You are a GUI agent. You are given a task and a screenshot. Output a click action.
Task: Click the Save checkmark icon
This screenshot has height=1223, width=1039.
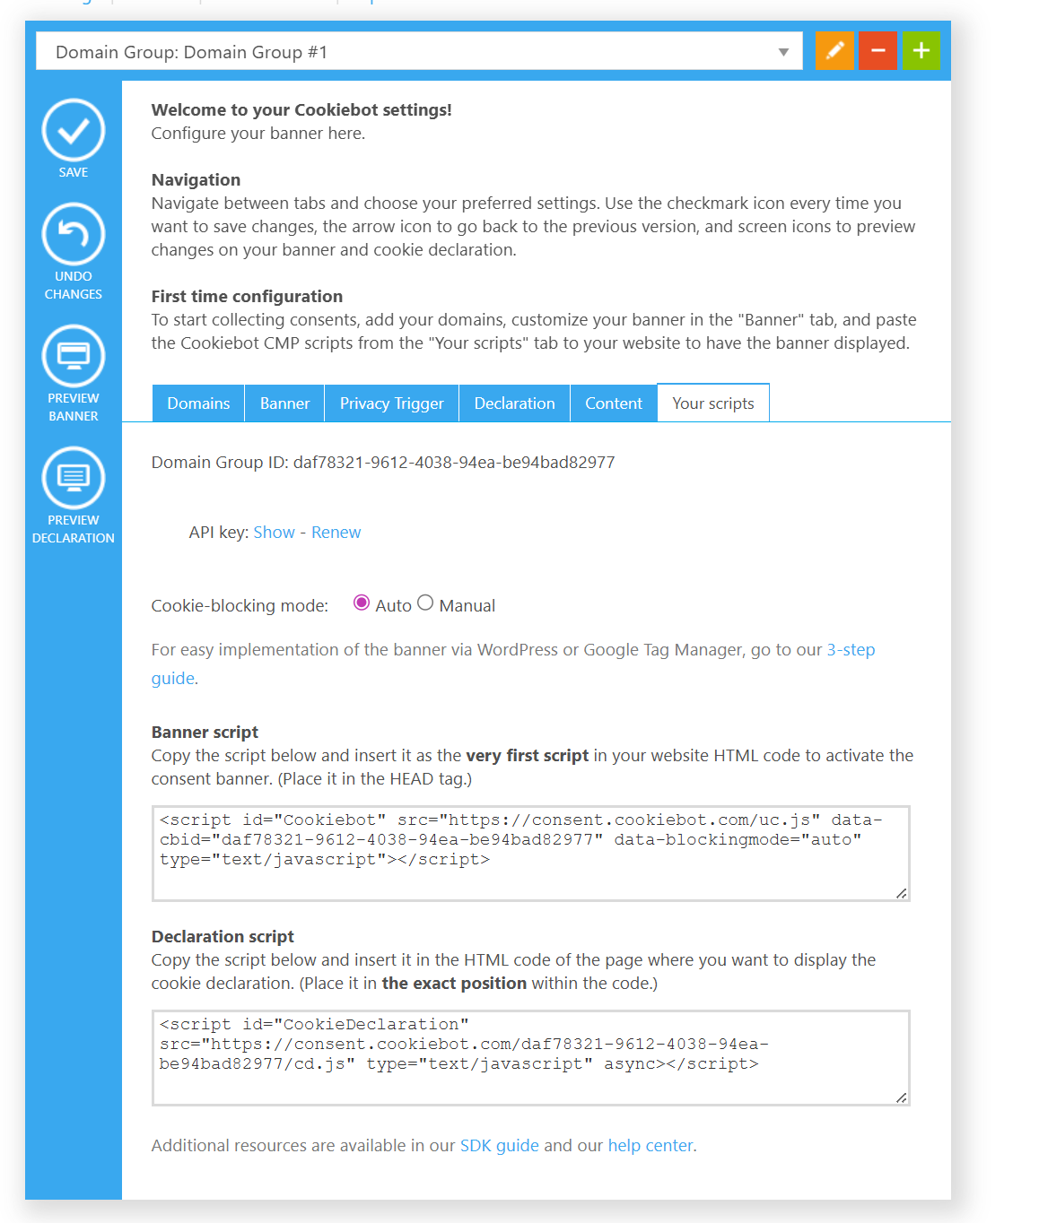(x=74, y=131)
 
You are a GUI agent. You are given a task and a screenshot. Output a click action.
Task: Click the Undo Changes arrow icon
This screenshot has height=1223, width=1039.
(x=74, y=235)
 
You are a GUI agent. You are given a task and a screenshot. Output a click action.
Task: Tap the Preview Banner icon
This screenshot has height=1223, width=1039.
(x=74, y=357)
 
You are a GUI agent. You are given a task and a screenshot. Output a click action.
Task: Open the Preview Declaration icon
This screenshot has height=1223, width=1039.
(x=74, y=479)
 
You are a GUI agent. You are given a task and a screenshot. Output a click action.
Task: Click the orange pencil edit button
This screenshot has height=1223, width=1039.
(x=834, y=51)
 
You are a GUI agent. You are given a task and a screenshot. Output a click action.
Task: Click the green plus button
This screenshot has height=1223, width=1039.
(x=921, y=51)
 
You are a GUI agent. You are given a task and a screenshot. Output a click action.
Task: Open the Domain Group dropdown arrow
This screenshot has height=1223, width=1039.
(x=783, y=52)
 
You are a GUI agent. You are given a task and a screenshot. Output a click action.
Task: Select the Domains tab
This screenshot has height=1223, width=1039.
(x=198, y=403)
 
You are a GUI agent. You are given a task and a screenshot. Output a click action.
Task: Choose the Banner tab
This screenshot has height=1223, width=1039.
(x=284, y=403)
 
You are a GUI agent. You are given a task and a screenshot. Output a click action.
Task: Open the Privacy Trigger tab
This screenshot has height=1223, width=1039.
(x=391, y=403)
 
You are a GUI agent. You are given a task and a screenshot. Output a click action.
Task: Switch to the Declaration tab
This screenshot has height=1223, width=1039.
(x=514, y=403)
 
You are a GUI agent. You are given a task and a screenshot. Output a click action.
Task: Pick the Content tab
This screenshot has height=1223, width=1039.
(x=614, y=403)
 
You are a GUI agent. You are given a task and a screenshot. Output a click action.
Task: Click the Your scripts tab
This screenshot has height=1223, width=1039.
(x=713, y=403)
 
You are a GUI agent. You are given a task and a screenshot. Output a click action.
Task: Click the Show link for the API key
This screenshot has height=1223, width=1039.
(x=274, y=533)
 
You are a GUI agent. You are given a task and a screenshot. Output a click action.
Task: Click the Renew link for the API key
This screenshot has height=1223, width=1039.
(x=336, y=533)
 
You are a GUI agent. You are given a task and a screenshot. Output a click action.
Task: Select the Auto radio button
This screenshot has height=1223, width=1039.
(x=362, y=603)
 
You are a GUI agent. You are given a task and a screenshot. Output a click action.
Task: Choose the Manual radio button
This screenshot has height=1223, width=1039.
(x=425, y=603)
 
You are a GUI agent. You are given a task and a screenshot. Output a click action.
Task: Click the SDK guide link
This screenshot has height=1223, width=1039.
(x=499, y=1146)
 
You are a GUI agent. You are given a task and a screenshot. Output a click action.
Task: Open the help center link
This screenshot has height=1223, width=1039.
(x=650, y=1146)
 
